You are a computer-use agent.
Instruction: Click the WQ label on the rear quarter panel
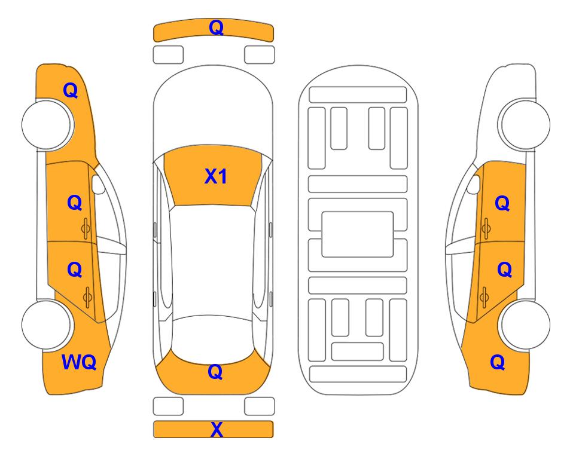coord(79,362)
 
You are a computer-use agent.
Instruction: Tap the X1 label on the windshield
coord(216,176)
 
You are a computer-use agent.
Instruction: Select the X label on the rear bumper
coord(217,429)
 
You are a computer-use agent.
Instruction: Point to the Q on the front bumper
coord(216,28)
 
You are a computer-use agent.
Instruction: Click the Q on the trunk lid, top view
coord(215,372)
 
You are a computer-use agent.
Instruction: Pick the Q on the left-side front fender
coord(71,90)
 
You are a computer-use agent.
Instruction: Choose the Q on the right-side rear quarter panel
coord(498,362)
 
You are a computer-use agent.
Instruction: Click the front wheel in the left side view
coord(47,124)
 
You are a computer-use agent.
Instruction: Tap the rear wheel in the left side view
coord(47,325)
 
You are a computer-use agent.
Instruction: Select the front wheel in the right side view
coord(525,124)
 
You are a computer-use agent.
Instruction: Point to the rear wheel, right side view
coord(525,325)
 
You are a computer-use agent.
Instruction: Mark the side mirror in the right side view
coord(474,184)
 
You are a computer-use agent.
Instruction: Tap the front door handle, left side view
coord(86,228)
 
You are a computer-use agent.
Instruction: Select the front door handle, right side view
coord(486,228)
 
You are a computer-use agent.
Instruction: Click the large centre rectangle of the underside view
coord(358,234)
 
